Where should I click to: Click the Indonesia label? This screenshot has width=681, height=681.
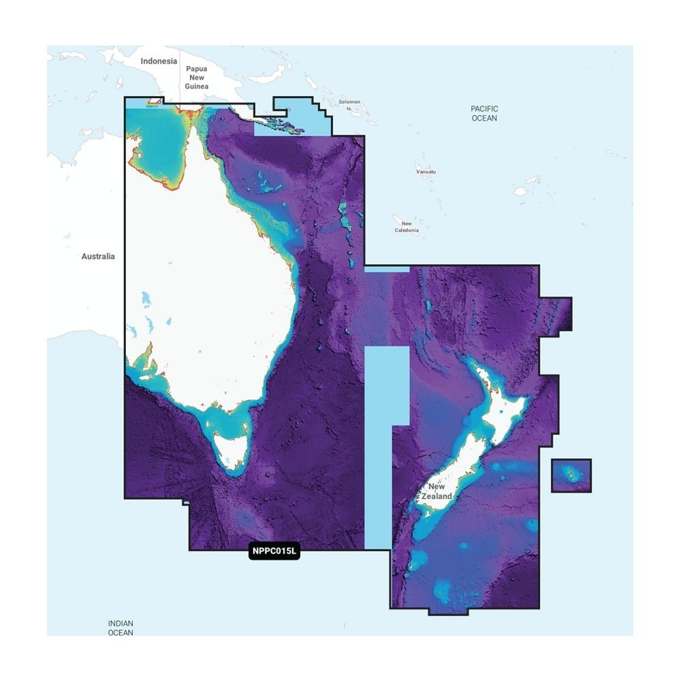(159, 61)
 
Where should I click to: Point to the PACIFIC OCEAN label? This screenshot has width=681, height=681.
(484, 113)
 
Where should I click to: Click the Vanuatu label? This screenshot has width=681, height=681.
(426, 172)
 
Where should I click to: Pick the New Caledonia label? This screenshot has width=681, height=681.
(407, 227)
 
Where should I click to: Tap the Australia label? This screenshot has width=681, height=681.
(98, 257)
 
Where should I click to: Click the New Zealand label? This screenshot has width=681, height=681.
(437, 492)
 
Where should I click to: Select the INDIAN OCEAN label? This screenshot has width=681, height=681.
(121, 628)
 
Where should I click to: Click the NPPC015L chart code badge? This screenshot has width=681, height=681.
(274, 552)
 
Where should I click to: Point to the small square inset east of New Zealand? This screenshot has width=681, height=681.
(571, 475)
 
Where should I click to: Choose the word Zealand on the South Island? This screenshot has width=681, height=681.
(437, 496)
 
